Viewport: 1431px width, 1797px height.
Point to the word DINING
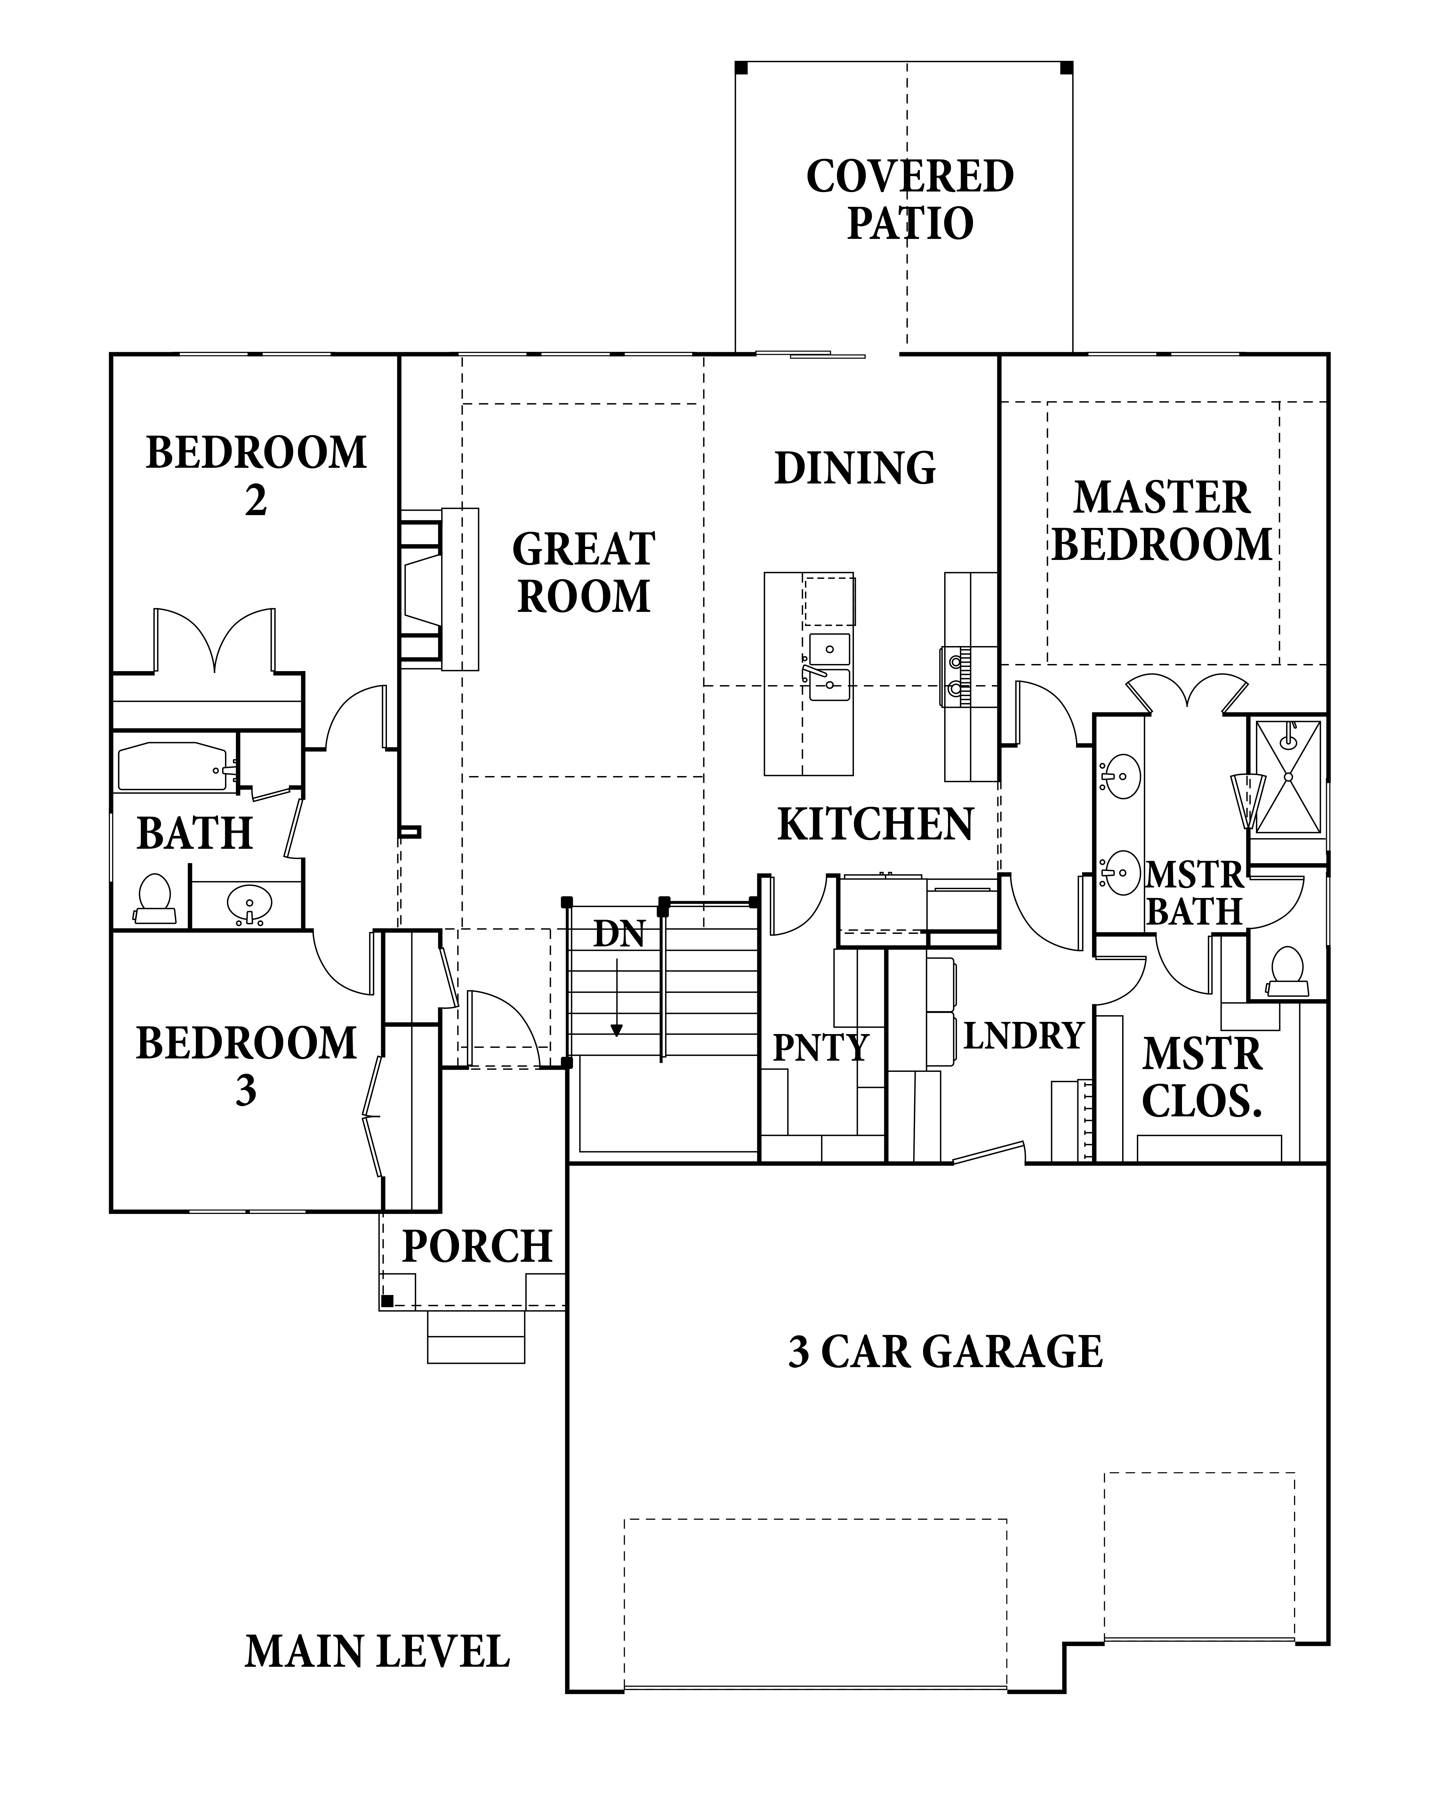[x=855, y=468]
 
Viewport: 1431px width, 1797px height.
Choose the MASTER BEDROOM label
[x=1162, y=521]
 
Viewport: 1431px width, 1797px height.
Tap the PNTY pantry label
[x=821, y=1048]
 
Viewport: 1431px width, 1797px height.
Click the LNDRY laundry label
[x=1024, y=1036]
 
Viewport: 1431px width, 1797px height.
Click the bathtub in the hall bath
[x=173, y=766]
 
